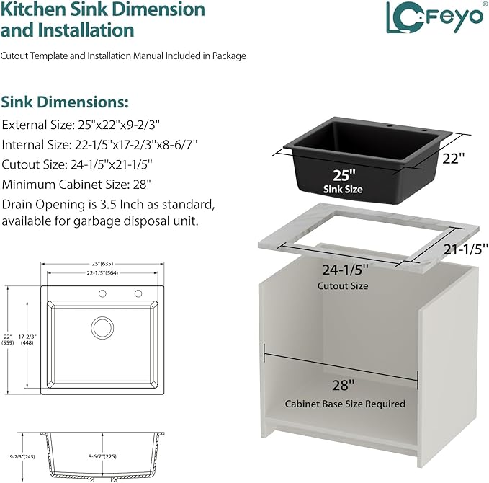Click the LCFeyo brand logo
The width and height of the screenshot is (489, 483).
pyautogui.click(x=435, y=17)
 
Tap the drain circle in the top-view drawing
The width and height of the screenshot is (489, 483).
pyautogui.click(x=102, y=327)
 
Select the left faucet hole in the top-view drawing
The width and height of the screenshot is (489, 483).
pyautogui.click(x=102, y=293)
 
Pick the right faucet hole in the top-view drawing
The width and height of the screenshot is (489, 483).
pyautogui.click(x=138, y=293)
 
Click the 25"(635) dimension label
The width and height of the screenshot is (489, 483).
pyautogui.click(x=102, y=264)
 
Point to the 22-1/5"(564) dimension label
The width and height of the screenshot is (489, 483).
pyautogui.click(x=102, y=273)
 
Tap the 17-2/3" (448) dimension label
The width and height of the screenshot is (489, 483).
pyautogui.click(x=27, y=340)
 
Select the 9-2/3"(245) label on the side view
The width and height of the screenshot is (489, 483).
pyautogui.click(x=22, y=456)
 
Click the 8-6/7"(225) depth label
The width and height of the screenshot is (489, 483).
pyautogui.click(x=102, y=456)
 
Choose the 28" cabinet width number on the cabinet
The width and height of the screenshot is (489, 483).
pyautogui.click(x=343, y=385)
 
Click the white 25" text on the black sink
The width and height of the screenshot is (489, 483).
pyautogui.click(x=344, y=175)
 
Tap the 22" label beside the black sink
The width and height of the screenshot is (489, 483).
pyautogui.click(x=454, y=159)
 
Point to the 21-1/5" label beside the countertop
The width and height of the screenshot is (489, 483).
pyautogui.click(x=466, y=249)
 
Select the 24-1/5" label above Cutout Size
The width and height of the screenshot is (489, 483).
pyautogui.click(x=345, y=270)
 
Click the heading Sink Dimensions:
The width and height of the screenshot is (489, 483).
pyautogui.click(x=65, y=102)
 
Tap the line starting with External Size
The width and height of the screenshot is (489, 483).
pyautogui.click(x=81, y=125)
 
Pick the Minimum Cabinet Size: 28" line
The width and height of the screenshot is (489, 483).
pyautogui.click(x=76, y=185)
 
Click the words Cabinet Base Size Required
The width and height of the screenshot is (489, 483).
pyautogui.click(x=345, y=404)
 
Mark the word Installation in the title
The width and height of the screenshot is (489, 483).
pyautogui.click(x=86, y=30)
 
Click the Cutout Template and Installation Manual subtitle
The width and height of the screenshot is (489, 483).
pyautogui.click(x=123, y=56)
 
